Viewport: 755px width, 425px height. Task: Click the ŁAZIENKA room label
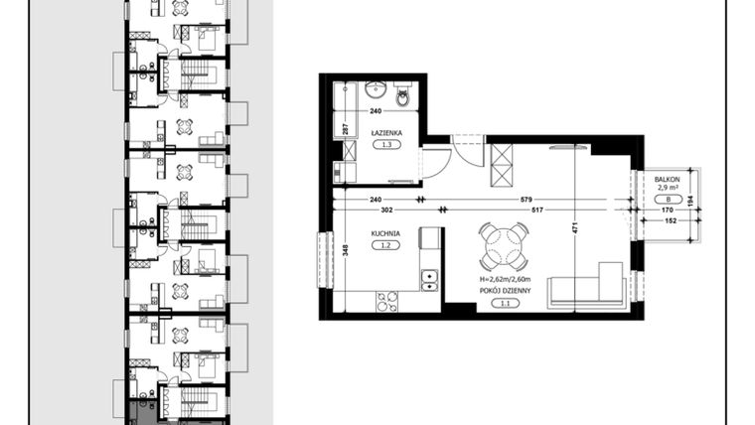tap(385, 131)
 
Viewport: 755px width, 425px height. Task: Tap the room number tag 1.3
tap(385, 145)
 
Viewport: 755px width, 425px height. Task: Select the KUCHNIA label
tap(385, 233)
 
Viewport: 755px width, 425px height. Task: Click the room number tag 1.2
tap(385, 247)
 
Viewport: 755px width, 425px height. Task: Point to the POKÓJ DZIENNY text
tap(505, 291)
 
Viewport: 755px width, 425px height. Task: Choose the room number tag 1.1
tap(505, 304)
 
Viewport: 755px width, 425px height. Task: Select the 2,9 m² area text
tap(666, 186)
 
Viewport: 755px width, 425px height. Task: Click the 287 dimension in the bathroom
tap(346, 128)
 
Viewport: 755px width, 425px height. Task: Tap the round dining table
tap(505, 247)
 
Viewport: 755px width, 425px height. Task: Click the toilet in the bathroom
tap(402, 95)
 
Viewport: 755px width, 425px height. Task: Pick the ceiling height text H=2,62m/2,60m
tap(505, 280)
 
